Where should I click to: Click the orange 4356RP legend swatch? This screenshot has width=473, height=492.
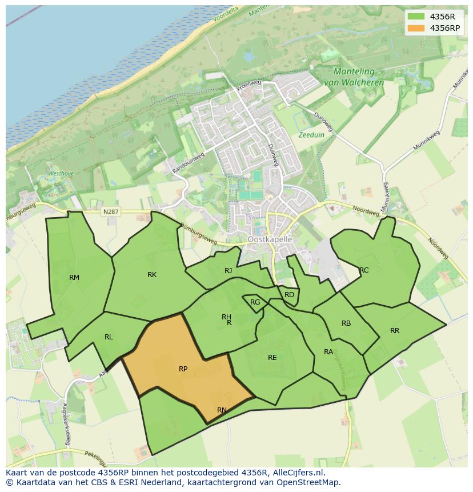click(x=416, y=28)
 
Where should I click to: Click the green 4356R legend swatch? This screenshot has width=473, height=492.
click(x=416, y=17)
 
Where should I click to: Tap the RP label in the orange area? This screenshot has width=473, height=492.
click(x=183, y=369)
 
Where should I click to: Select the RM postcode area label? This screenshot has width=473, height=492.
click(x=74, y=278)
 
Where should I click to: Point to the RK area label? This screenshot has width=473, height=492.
click(x=152, y=275)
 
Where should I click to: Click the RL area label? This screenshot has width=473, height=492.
click(x=109, y=337)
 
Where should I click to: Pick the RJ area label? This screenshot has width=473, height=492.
click(x=229, y=271)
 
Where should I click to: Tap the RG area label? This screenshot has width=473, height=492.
click(x=255, y=302)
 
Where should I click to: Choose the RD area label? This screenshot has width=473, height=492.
click(x=289, y=295)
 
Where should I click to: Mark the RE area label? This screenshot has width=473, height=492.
click(x=272, y=358)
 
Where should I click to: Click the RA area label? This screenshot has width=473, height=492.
click(x=328, y=352)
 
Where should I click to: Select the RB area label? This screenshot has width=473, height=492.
click(x=346, y=323)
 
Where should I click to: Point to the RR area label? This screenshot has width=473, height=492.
click(x=395, y=331)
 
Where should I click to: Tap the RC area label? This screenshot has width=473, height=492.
click(x=364, y=270)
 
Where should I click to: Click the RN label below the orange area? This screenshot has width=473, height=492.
click(x=222, y=410)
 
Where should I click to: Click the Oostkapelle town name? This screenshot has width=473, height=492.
click(x=270, y=239)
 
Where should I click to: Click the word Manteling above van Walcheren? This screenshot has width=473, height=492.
click(x=354, y=72)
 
